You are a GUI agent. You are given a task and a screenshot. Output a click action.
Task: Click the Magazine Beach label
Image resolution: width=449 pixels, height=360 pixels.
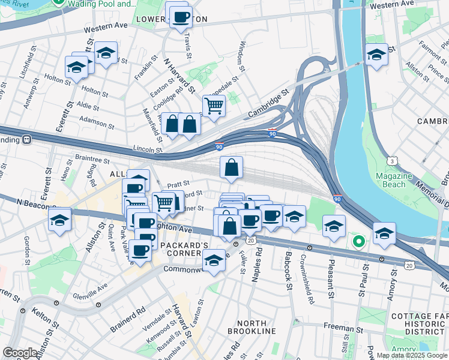pyautogui.click(x=393, y=180)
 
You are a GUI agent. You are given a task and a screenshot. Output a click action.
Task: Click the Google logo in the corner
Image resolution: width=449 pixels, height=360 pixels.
pyautogui.click(x=19, y=353)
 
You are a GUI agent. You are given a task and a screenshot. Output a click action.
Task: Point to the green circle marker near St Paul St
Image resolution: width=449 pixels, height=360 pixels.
pyautogui.click(x=358, y=242)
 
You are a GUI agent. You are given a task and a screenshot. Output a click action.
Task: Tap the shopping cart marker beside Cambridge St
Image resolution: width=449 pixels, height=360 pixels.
pyautogui.click(x=214, y=106)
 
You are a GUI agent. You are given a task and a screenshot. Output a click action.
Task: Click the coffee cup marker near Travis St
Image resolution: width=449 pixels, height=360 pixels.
pyautogui.click(x=181, y=17)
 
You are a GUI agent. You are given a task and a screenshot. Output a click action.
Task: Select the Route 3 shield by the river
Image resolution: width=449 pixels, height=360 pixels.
pyautogui.click(x=391, y=161)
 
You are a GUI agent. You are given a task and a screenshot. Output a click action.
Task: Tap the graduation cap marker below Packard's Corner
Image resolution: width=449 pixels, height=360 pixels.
pyautogui.click(x=213, y=260)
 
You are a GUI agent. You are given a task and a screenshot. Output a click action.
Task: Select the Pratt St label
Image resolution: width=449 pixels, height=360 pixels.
pyautogui.click(x=178, y=184)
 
